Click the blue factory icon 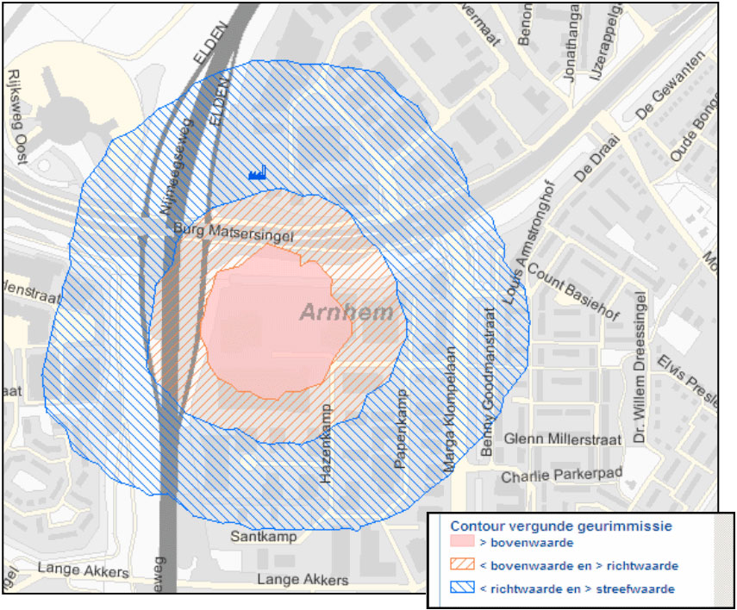pyautogui.click(x=258, y=173)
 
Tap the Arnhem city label pyautogui.click(x=347, y=313)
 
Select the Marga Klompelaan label pyautogui.click(x=449, y=410)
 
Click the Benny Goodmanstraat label pyautogui.click(x=487, y=382)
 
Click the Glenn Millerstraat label pyautogui.click(x=563, y=439)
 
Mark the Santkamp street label pyautogui.click(x=264, y=537)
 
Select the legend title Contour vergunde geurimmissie pyautogui.click(x=561, y=526)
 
